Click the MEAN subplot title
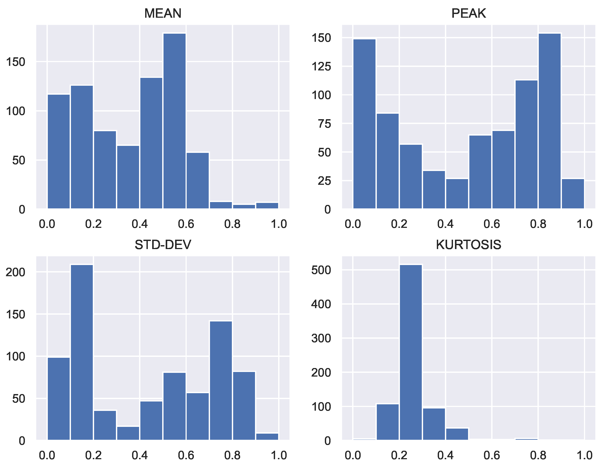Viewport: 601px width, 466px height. pos(163,13)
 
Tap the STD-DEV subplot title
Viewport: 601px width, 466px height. pos(163,244)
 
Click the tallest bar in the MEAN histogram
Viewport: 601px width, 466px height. pos(174,121)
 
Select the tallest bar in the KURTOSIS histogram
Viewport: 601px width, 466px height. pos(411,353)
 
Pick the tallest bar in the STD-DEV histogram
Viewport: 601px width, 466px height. pos(82,353)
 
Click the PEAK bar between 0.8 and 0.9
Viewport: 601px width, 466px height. pos(549,121)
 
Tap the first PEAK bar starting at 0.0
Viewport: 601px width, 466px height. pos(364,124)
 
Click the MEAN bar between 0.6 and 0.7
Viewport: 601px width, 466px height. pos(198,180)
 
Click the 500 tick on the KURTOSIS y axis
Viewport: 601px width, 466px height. pos(321,270)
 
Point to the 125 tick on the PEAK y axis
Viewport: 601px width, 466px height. pos(321,66)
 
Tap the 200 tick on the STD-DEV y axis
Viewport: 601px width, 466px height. pos(15,272)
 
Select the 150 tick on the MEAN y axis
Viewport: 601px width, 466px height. pos(15,62)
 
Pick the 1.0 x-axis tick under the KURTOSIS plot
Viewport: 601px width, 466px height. pos(584,455)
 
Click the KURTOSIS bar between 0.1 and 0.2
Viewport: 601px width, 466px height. pos(387,422)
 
